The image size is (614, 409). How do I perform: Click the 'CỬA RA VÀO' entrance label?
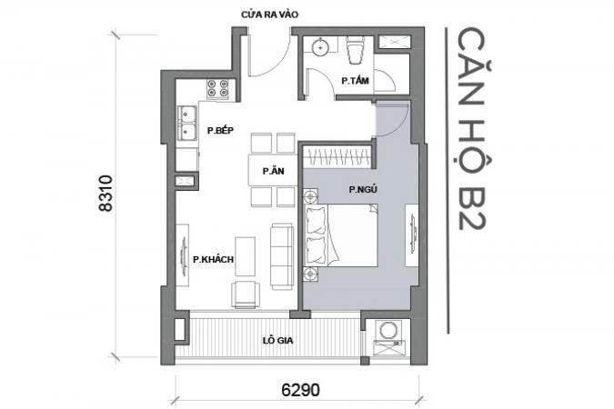269,15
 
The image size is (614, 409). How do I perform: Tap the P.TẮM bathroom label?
355,81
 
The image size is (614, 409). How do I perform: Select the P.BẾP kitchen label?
220,130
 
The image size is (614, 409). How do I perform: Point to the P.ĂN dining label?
273,171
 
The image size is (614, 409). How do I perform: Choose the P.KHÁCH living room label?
213,259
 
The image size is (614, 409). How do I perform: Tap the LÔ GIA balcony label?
277,341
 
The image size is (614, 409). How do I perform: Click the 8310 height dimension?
106,194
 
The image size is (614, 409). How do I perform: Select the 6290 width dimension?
300,390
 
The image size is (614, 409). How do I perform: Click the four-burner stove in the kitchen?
217,88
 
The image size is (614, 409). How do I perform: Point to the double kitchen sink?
187,123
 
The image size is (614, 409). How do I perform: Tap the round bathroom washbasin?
321,47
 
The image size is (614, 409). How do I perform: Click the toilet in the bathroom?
355,50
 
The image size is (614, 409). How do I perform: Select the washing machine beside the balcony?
388,330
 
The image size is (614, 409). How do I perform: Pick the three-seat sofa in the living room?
282,256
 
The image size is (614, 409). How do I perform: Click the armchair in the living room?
246,294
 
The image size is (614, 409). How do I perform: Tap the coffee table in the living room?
245,256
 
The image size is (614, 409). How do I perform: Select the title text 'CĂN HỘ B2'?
471,129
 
